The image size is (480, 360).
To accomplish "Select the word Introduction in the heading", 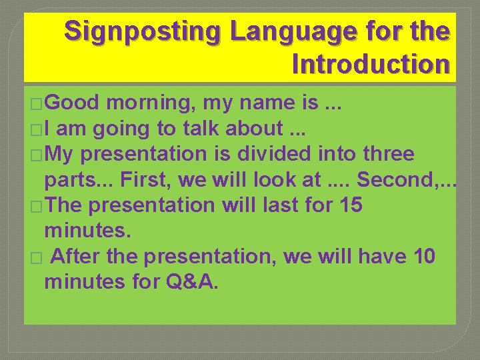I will [x=370, y=64].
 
